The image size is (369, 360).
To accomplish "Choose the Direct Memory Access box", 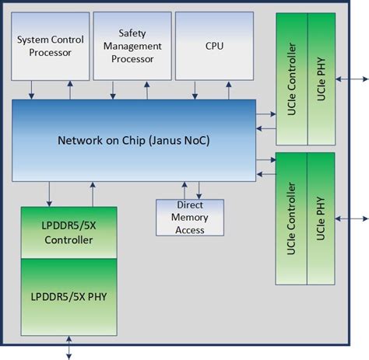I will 189,218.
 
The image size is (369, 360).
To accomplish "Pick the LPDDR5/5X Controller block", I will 69,232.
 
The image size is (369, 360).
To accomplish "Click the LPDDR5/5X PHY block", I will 69,298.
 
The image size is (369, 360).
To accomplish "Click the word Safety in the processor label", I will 132,33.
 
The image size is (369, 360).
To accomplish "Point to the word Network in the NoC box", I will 80,141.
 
